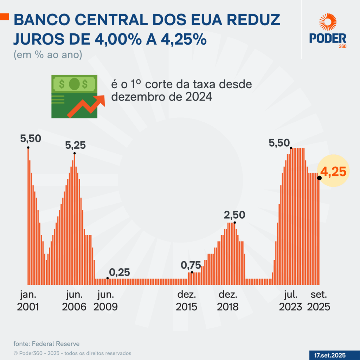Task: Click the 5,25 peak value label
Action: tap(76, 145)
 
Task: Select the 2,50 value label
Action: tap(235, 214)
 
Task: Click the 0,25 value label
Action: tap(119, 272)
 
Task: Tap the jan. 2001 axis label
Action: tap(28, 301)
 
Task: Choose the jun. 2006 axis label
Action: tap(74, 301)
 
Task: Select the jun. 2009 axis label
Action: tap(105, 301)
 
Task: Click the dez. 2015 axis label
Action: tap(187, 301)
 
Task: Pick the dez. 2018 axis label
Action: tap(228, 301)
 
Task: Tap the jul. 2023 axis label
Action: tap(291, 301)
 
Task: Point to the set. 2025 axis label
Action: tap(319, 301)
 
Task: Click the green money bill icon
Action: tap(74, 96)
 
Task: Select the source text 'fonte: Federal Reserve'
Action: tap(46, 343)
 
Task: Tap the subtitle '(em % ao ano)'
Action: tap(48, 55)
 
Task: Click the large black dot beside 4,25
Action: tap(319, 178)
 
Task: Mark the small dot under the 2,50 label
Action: tap(234, 222)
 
